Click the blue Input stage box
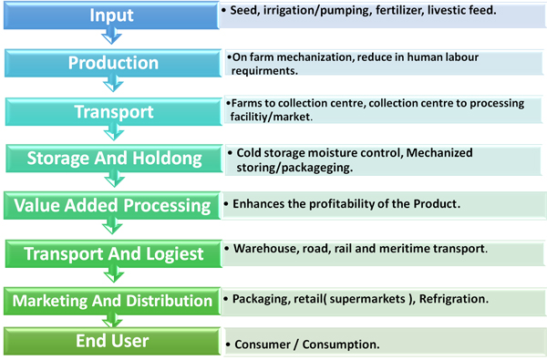coord(111,15)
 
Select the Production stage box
coord(113,63)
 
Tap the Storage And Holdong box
coord(114,159)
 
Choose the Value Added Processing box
coord(112,205)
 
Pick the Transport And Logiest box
coord(113,253)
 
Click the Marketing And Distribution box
coord(112,301)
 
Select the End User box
coord(112,341)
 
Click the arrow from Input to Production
coord(111,36)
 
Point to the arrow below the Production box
coord(113,84)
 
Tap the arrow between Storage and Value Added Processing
coord(115,180)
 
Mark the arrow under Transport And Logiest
coord(114,274)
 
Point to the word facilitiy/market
coord(271,117)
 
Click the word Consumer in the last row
coord(263,345)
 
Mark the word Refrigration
coord(453,299)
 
